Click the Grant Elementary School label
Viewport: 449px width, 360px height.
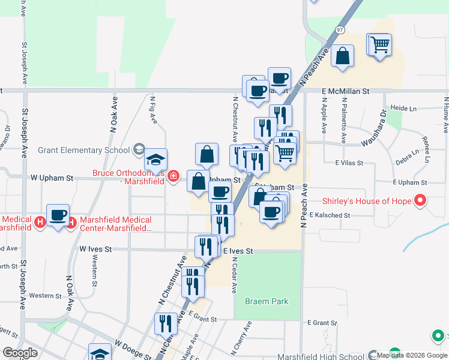point(84,150)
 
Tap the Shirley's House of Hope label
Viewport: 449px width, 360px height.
point(366,201)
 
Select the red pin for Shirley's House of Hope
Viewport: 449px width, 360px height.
point(420,200)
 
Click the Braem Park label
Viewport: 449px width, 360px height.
point(267,302)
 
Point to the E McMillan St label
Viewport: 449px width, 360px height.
point(345,91)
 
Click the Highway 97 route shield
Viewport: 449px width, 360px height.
point(340,29)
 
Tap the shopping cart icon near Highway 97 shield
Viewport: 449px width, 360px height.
point(380,44)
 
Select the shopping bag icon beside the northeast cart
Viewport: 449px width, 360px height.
point(342,57)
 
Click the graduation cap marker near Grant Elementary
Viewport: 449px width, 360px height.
point(155,159)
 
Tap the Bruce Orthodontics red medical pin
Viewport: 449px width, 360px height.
point(173,176)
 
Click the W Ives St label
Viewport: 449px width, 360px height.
point(95,248)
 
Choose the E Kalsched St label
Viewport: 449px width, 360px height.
point(330,215)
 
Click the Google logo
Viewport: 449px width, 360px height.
point(20,353)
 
